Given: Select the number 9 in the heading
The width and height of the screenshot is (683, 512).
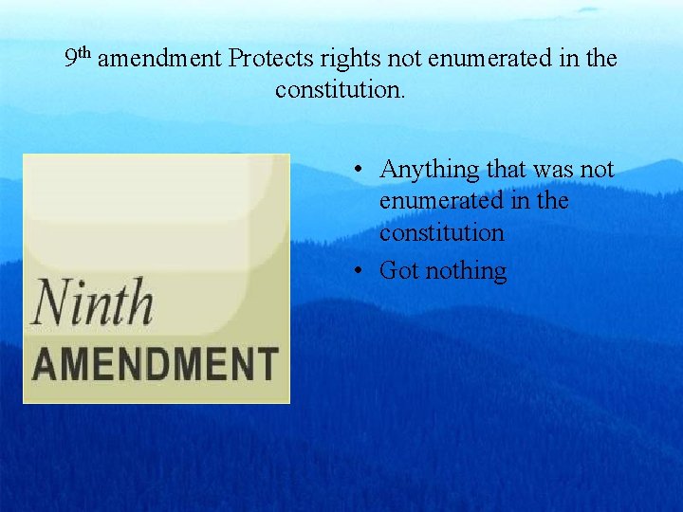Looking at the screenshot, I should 71,60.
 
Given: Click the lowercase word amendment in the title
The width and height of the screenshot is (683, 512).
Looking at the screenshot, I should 159,59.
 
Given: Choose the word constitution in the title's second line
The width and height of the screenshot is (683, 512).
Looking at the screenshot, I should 338,90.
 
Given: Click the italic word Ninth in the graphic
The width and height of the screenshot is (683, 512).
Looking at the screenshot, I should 92,303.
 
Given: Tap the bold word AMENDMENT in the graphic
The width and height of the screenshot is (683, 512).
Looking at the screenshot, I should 157,364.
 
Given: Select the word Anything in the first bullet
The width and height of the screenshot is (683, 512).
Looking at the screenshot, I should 430,171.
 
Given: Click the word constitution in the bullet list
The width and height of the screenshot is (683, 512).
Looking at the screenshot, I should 441,232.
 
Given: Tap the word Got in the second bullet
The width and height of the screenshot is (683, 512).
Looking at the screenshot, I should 398,271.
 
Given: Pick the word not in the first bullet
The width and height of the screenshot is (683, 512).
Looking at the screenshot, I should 598,170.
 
